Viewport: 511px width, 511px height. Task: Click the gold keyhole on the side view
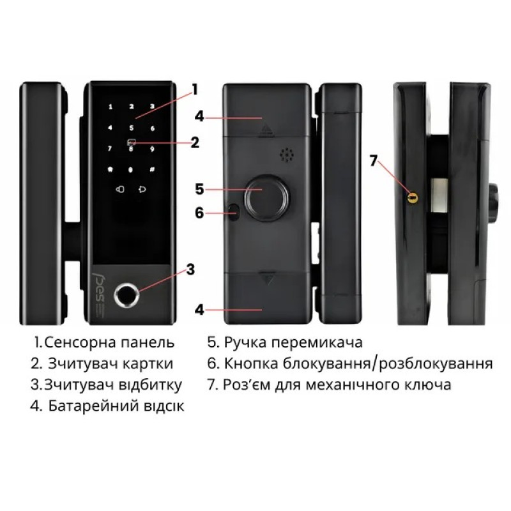pos(412,197)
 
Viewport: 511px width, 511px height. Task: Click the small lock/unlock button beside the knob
pos(233,212)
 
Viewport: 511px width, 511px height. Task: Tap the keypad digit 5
pos(132,128)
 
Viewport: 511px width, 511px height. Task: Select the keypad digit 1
pos(111,107)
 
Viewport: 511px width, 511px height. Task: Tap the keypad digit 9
pos(152,149)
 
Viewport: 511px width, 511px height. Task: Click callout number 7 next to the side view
pos(374,160)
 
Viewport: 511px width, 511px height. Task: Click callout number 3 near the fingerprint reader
pos(190,270)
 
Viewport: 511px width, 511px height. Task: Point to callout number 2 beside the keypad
pos(195,142)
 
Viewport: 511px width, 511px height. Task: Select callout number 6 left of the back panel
pos(199,213)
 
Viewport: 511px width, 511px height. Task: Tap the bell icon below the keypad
pos(142,189)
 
